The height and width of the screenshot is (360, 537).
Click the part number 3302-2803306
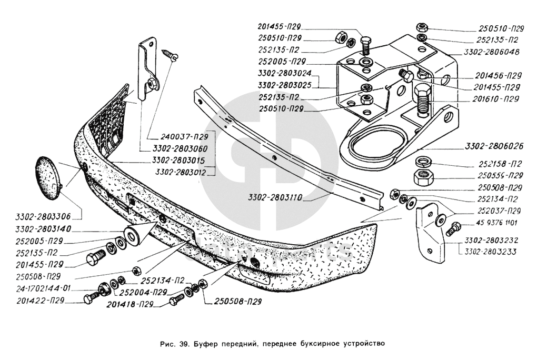point(43,217)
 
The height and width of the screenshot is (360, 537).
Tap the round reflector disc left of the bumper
point(47,177)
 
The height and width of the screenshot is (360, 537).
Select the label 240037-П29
point(184,137)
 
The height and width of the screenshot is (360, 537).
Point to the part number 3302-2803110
point(275,198)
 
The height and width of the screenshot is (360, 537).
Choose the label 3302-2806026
point(494,146)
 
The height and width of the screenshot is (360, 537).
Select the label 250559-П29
point(500,175)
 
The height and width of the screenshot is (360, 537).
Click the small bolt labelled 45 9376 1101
point(453,228)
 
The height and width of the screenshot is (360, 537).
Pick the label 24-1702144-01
point(43,288)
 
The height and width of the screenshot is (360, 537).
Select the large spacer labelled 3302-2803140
point(132,236)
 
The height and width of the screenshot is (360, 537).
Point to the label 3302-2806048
point(491,53)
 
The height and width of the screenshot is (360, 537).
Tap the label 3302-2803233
point(491,252)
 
